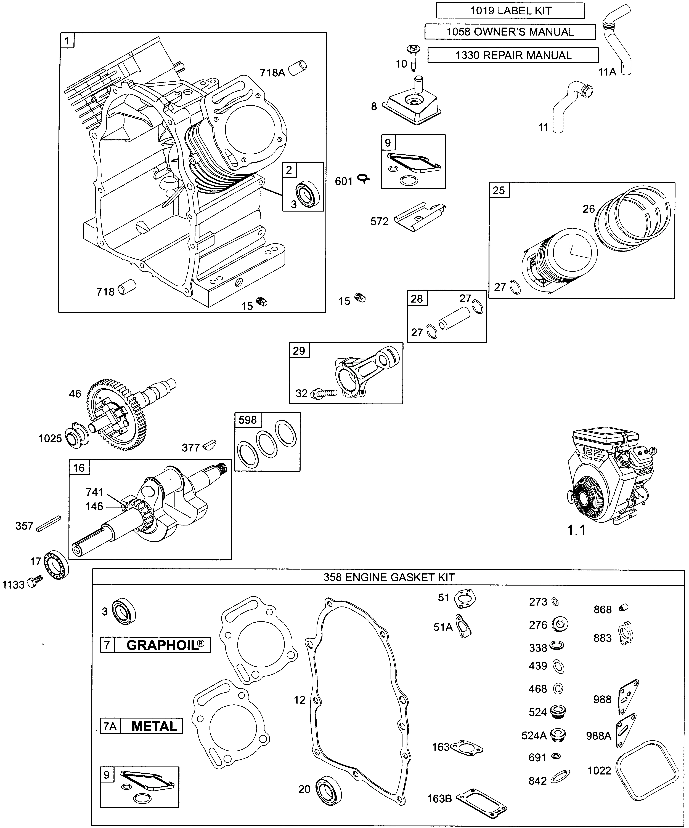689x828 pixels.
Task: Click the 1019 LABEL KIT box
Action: click(x=510, y=11)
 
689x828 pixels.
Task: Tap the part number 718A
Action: click(x=272, y=73)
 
